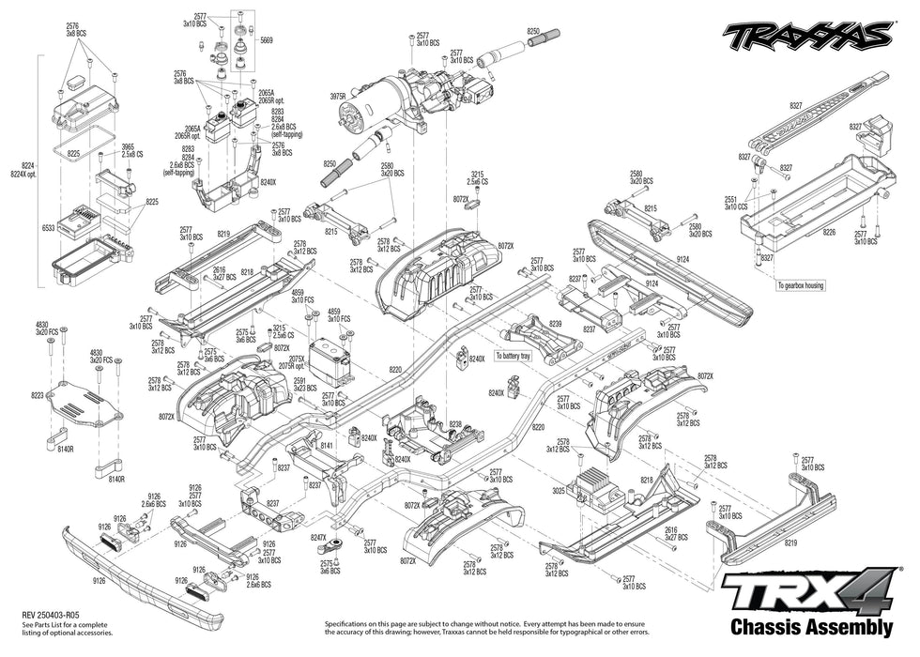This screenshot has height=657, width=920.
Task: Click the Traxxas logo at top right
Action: pos(806,35)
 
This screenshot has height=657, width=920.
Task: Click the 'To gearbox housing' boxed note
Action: pos(800,285)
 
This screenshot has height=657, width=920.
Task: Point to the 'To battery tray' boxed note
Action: pos(513,357)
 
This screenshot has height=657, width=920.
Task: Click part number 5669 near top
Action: pos(267,41)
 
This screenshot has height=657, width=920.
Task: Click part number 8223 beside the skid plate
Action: pos(38,396)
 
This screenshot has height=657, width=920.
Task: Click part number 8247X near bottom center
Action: pos(318,537)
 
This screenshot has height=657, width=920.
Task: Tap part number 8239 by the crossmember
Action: pos(556,323)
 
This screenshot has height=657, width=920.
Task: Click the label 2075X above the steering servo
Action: pos(298,359)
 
